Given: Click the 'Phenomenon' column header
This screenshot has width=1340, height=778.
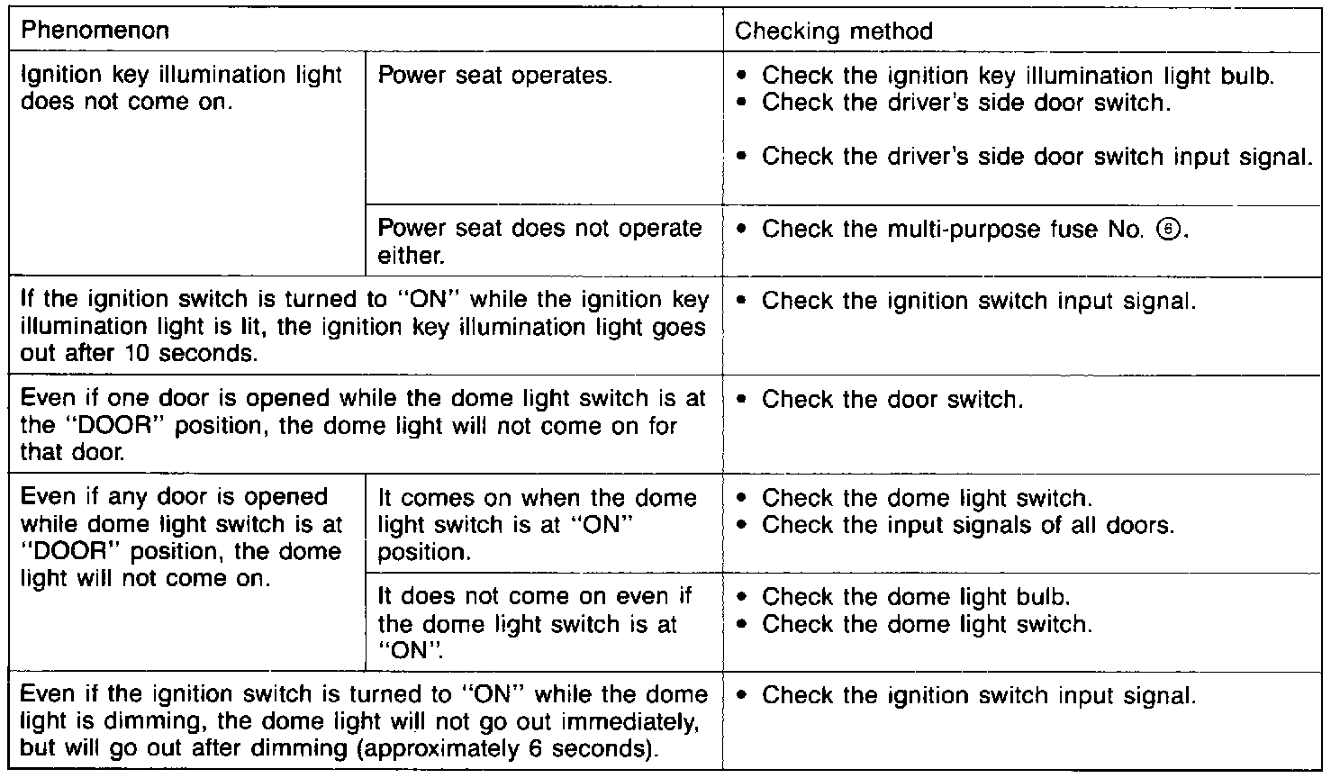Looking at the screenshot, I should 94,32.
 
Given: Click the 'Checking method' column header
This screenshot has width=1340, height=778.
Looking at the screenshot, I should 833,32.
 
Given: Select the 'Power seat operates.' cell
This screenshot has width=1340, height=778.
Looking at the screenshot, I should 494,75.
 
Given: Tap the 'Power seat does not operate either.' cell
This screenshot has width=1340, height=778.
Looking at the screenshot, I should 539,241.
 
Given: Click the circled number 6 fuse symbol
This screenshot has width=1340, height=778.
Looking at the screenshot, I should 1174,230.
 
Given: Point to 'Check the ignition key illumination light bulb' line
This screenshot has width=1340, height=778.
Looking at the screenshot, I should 1018,76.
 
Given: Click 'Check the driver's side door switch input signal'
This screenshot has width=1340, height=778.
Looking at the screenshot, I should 1036,157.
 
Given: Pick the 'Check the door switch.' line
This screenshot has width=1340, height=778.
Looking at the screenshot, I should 892,399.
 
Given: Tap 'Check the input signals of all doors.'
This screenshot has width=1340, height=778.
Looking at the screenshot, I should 967,525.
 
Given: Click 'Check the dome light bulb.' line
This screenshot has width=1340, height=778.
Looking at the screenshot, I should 915,597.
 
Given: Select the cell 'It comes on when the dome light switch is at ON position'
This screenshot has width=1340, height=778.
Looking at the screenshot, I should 537,525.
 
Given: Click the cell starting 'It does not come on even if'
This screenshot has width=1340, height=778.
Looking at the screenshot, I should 535,623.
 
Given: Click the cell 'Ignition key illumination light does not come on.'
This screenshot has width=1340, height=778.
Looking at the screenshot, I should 180,87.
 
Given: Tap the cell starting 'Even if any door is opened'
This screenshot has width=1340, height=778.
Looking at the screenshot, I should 180,538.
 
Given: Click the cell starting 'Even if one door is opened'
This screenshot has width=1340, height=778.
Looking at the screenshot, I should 360,424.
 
